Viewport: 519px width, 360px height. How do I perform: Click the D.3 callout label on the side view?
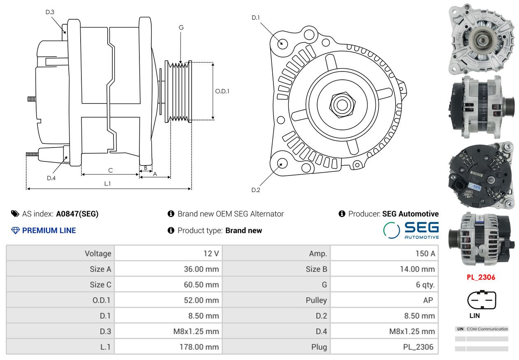point(50,12)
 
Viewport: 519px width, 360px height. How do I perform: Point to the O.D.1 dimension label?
point(222,91)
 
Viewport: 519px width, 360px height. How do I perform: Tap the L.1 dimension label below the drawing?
point(107,184)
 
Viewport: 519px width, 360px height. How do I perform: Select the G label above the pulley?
point(181,28)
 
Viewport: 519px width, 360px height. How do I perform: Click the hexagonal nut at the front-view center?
point(342,105)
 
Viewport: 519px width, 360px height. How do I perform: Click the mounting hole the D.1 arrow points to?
point(283,44)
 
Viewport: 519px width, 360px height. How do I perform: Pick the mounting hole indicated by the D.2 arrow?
point(282,163)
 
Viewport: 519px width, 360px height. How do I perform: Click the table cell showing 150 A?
point(425,254)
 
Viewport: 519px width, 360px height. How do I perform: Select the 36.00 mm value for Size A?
point(202,269)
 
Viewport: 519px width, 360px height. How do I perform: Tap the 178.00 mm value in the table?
point(199,347)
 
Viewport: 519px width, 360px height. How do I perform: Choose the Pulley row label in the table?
point(316,300)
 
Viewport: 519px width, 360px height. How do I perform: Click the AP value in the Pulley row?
point(428,300)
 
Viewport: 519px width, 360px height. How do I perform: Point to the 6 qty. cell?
point(425,284)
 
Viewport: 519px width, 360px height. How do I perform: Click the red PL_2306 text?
point(481,277)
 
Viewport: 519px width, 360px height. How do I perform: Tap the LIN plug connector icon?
point(482,300)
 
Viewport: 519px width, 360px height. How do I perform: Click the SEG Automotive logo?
point(411,230)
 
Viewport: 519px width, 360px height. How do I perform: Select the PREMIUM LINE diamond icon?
point(15,231)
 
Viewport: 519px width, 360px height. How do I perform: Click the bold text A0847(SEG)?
point(77,214)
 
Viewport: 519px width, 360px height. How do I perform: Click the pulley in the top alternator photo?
point(483,40)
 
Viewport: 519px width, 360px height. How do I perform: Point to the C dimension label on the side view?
point(111,171)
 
